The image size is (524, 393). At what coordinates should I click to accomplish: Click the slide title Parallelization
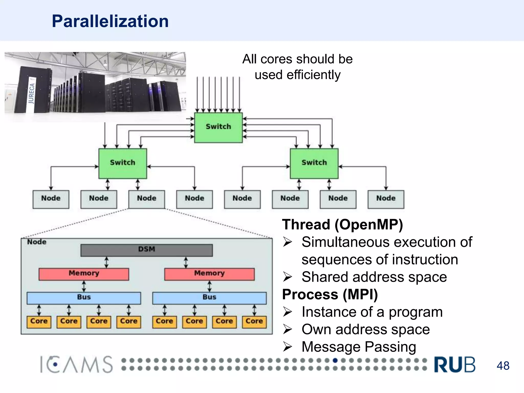110,21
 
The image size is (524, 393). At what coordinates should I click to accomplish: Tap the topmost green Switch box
218,127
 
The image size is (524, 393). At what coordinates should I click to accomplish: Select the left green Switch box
123,163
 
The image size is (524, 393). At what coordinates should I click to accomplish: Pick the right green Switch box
314,163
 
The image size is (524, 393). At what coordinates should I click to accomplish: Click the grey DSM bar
147,250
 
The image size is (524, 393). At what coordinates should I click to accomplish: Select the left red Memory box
84,274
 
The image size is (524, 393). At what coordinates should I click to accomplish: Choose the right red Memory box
209,274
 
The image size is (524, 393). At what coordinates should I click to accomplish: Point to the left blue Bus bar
84,298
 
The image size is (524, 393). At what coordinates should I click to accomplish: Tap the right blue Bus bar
209,298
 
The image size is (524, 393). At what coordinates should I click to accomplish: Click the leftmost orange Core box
39,322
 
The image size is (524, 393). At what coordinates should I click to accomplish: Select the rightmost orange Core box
254,322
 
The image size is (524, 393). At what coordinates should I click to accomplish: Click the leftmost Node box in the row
51,199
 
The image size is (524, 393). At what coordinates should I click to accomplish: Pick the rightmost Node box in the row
386,199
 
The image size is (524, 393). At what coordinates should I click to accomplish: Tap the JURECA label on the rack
31,94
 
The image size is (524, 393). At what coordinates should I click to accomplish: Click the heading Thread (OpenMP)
342,225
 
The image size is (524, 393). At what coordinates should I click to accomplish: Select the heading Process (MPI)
330,294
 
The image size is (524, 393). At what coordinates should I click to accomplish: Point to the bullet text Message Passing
359,347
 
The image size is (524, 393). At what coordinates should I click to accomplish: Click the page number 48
503,366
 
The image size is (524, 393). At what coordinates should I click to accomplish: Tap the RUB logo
455,365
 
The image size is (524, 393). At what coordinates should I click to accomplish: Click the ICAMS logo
76,364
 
